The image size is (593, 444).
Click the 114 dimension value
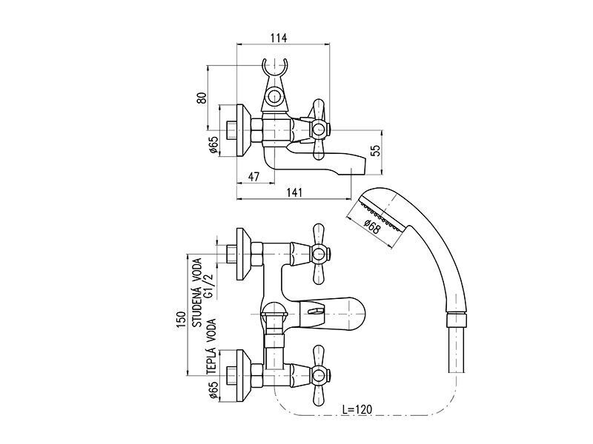[279, 38]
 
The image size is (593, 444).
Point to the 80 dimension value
[202, 98]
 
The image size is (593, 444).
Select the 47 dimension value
[254, 176]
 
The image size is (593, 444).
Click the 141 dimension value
[294, 192]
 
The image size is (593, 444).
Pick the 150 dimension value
[181, 320]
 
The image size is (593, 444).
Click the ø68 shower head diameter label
[373, 226]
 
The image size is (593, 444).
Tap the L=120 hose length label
[357, 409]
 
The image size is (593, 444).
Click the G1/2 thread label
[209, 286]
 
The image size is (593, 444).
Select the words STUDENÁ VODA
[197, 292]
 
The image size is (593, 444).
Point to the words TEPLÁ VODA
[211, 347]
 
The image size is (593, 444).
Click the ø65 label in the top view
[213, 145]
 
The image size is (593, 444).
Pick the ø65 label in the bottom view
[213, 390]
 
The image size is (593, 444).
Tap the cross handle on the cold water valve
[319, 253]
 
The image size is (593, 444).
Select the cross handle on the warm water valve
[319, 375]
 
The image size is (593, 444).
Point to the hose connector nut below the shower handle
[457, 320]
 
